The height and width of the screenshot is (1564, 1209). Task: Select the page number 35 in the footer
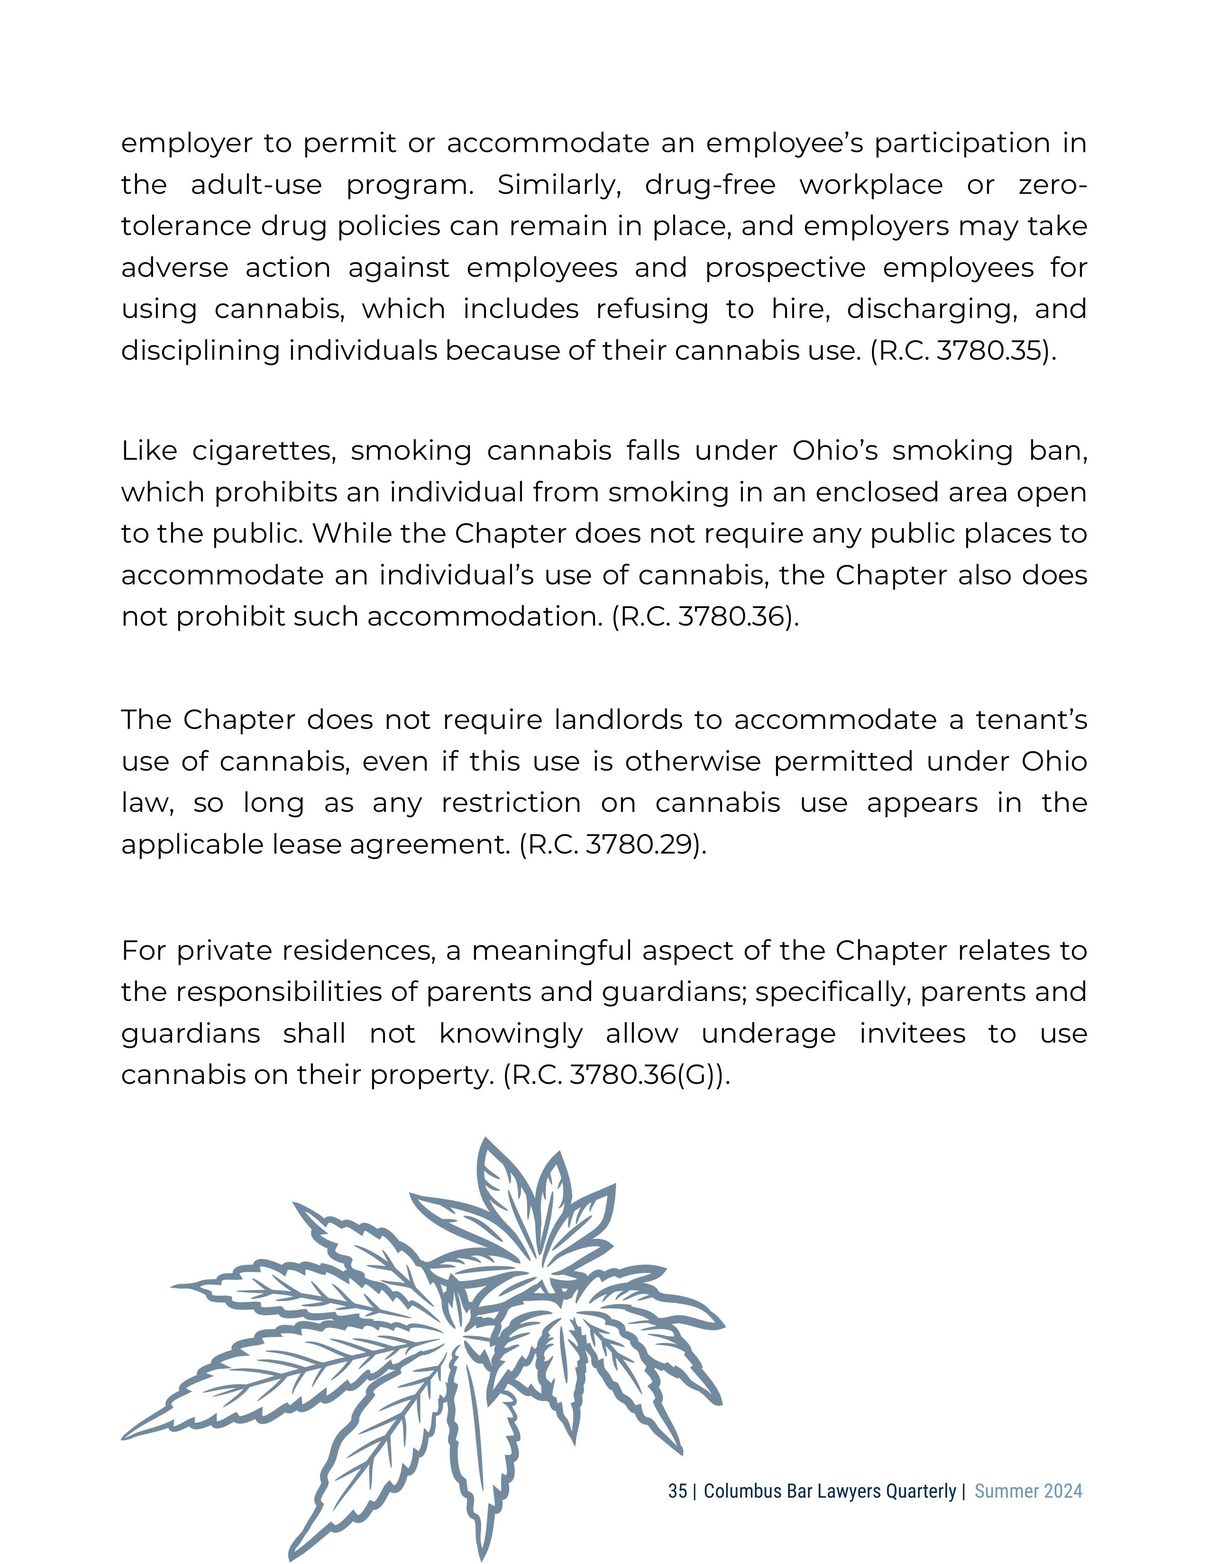click(677, 1491)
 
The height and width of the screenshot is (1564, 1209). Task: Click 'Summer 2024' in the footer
click(1028, 1491)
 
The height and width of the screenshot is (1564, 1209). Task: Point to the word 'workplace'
click(871, 185)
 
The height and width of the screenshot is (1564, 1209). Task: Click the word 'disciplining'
click(200, 351)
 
